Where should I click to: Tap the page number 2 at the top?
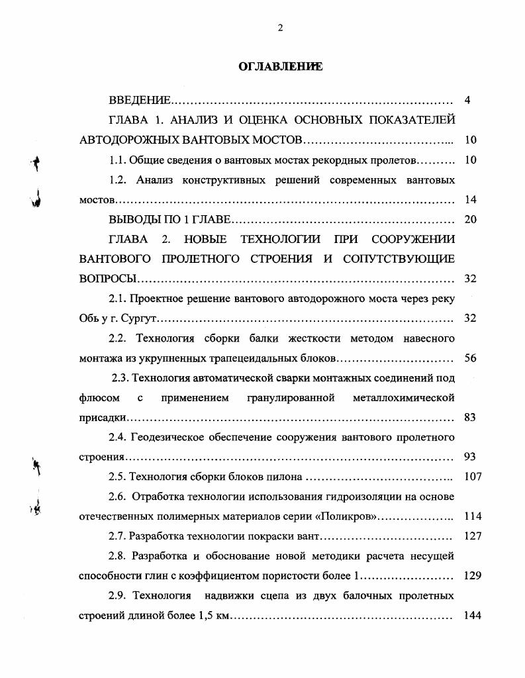click(280, 27)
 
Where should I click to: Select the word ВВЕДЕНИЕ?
click(140, 101)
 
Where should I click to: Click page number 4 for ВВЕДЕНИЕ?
click(467, 101)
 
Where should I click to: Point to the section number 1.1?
click(117, 160)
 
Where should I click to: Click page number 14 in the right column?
click(471, 199)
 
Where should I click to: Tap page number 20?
click(471, 219)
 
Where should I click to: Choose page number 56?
click(471, 358)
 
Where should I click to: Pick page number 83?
click(471, 418)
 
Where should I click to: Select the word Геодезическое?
click(166, 437)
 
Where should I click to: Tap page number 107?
click(473, 477)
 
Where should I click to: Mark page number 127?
click(473, 536)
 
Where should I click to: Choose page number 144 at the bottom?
click(473, 615)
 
